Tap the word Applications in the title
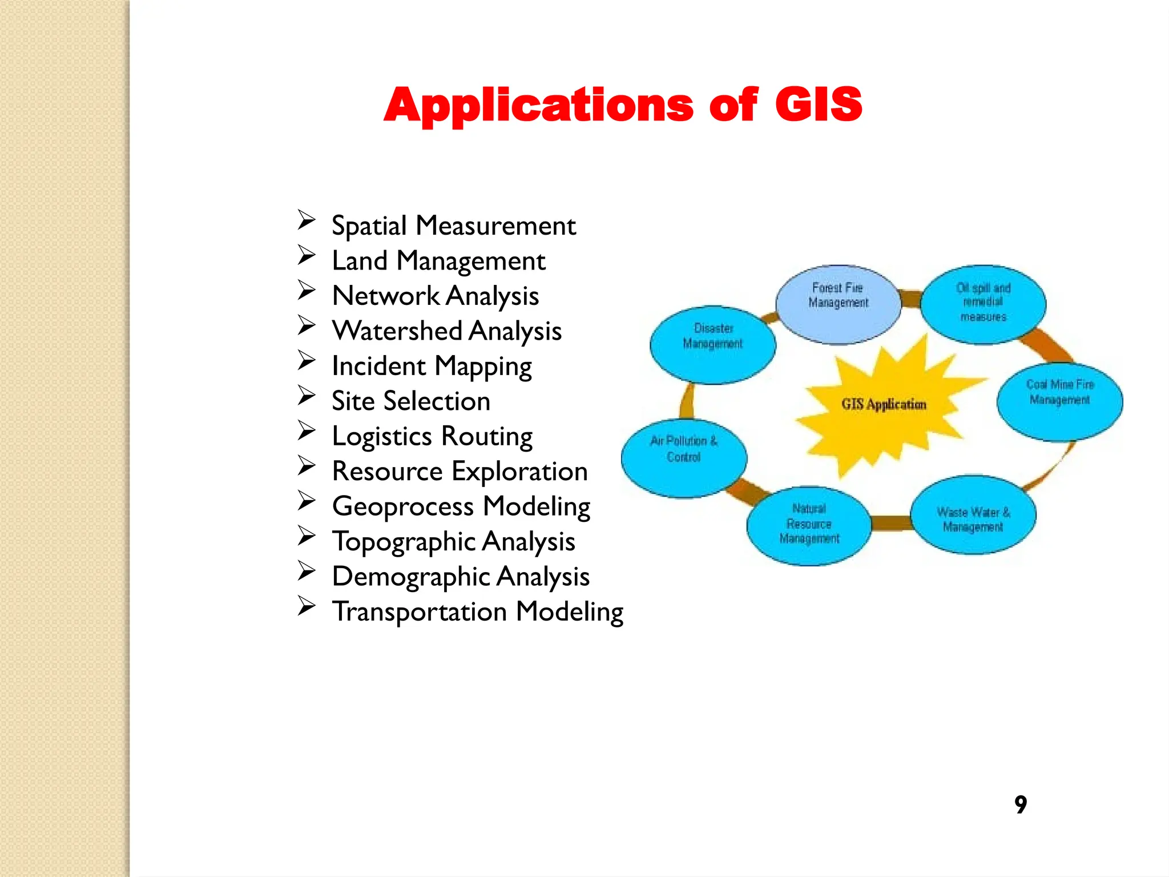pyautogui.click(x=538, y=106)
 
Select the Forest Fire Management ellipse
pyautogui.click(x=838, y=304)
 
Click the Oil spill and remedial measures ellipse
pyautogui.click(x=983, y=304)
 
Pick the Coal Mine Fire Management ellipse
pyautogui.click(x=1059, y=401)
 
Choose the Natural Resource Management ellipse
pyautogui.click(x=809, y=526)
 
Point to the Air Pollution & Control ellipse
pyautogui.click(x=684, y=458)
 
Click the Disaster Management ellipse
pyautogui.click(x=713, y=345)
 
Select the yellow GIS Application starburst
pyautogui.click(x=884, y=404)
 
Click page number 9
pyautogui.click(x=1021, y=804)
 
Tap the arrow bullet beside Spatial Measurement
pyautogui.click(x=307, y=220)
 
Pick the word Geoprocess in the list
pyautogui.click(x=403, y=506)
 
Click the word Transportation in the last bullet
pyautogui.click(x=420, y=612)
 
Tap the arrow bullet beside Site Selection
pyautogui.click(x=307, y=395)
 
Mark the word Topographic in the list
pyautogui.click(x=403, y=542)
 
